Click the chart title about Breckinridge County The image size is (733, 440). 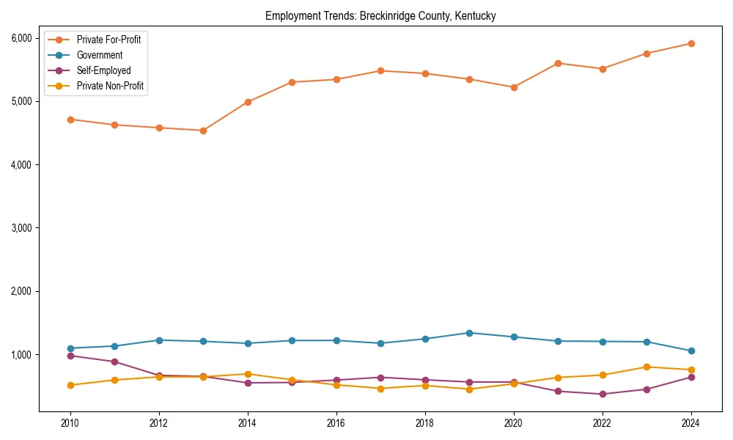click(380, 15)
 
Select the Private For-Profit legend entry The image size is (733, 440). click(108, 40)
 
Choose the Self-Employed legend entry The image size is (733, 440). click(103, 70)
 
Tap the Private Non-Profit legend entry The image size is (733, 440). click(110, 86)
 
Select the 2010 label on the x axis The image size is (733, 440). click(70, 423)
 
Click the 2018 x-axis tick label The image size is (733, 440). click(425, 423)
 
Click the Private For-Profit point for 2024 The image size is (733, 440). click(691, 43)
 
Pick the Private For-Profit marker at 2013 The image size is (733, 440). click(203, 131)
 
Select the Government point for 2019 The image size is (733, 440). click(469, 333)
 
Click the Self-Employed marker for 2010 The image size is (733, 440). click(70, 356)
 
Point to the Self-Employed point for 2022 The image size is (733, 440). click(603, 394)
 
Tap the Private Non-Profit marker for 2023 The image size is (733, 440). click(647, 367)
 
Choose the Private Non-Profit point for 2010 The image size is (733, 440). click(70, 385)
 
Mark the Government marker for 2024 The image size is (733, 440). click(691, 351)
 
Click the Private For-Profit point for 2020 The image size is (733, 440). click(514, 87)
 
